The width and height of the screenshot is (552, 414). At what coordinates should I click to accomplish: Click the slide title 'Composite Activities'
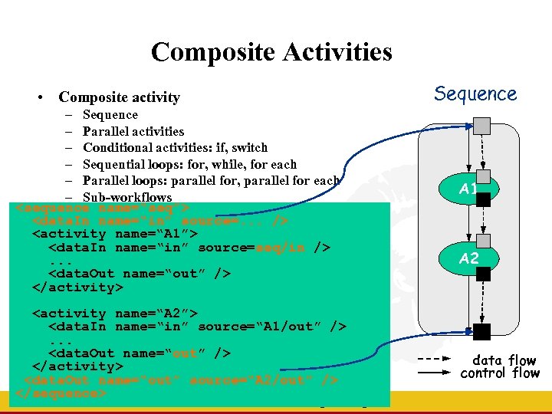(271, 52)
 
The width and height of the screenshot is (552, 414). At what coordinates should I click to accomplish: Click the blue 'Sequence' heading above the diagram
(475, 94)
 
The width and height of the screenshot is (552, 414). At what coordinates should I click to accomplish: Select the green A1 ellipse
(469, 189)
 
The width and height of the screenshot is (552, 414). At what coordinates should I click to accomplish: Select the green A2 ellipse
(469, 258)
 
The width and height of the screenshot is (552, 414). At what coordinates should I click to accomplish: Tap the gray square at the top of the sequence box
(481, 125)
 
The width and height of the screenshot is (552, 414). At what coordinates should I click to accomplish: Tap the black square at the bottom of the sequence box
(482, 332)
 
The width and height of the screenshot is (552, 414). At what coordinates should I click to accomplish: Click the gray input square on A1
(483, 176)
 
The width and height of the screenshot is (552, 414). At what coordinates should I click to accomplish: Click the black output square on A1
(483, 201)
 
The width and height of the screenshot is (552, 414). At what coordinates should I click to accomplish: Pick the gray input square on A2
(483, 245)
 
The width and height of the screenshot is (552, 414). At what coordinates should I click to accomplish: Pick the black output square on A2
(483, 273)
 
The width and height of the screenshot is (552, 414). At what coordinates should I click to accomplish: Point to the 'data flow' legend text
(504, 360)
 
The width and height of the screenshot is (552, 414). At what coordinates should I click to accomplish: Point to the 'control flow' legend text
(500, 373)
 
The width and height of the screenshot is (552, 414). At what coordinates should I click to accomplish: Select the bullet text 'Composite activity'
(119, 97)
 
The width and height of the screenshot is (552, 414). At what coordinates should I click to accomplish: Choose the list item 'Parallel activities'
(133, 131)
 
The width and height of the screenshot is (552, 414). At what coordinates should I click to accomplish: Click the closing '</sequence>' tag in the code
(61, 393)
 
